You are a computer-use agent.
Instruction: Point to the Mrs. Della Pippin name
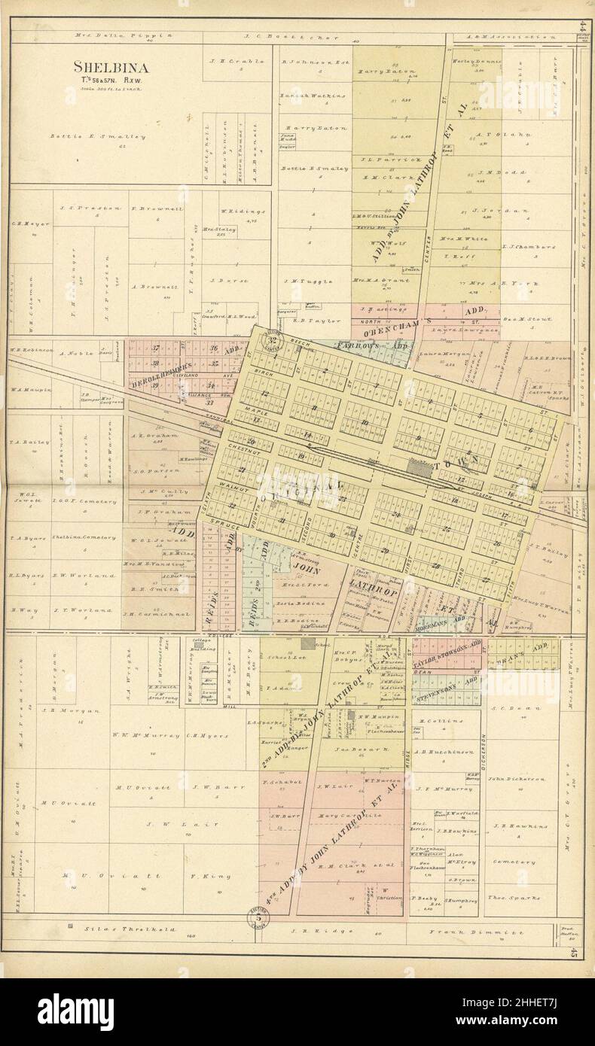tap(124, 35)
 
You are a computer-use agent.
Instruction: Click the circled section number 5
tap(259, 917)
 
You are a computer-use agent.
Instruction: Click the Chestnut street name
tap(243, 448)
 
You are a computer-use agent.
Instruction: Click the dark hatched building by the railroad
tap(416, 467)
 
